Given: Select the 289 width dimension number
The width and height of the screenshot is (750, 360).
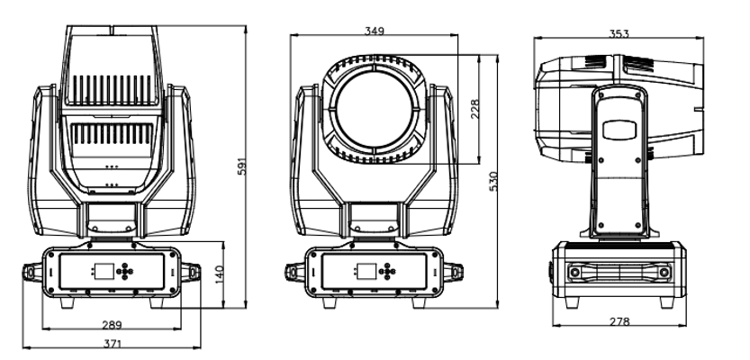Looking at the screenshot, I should pyautogui.click(x=112, y=323).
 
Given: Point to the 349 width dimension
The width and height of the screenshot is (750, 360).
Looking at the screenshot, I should pyautogui.click(x=374, y=31).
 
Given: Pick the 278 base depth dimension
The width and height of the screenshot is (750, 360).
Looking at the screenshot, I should pyautogui.click(x=617, y=321).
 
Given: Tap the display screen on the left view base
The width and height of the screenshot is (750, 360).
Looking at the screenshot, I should pyautogui.click(x=100, y=270).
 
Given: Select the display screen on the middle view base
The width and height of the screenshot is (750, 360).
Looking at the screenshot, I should pyautogui.click(x=366, y=270).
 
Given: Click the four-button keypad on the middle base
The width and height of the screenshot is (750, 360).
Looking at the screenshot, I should pyautogui.click(x=388, y=270).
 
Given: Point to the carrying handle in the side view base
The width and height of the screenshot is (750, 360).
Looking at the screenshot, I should pyautogui.click(x=617, y=271).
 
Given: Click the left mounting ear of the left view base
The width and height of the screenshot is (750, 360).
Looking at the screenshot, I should pyautogui.click(x=32, y=271).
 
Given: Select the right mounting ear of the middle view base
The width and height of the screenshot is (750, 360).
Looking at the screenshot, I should pyautogui.click(x=456, y=271).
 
